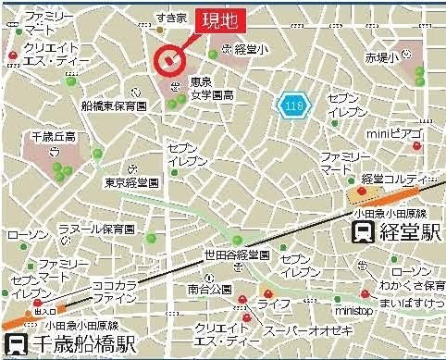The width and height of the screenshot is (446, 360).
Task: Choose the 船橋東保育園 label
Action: [115, 106]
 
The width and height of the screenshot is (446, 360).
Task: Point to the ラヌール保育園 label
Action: [92, 227]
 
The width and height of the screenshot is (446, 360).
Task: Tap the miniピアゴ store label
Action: [394, 135]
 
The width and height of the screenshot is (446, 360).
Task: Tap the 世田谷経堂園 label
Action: [238, 254]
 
